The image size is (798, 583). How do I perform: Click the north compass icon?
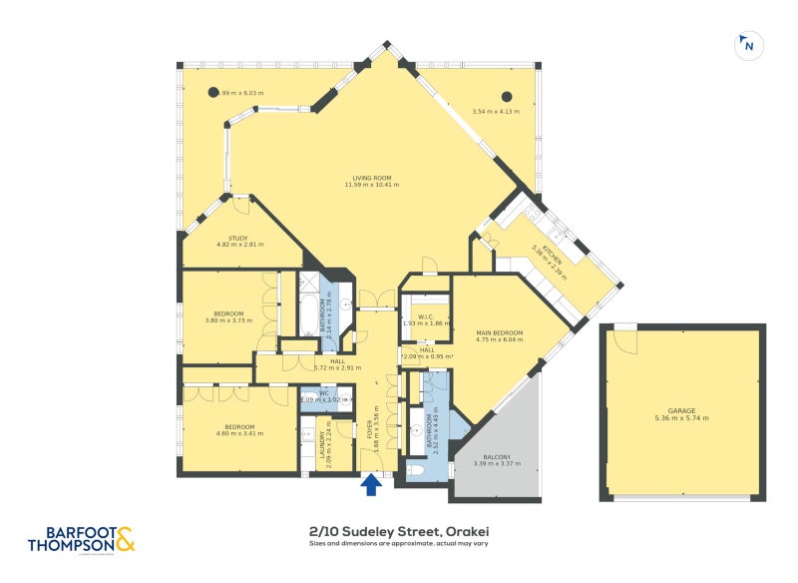pos(747,45)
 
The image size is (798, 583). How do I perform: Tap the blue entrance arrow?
pos(370,484)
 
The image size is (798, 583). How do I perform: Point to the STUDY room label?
pos(238,238)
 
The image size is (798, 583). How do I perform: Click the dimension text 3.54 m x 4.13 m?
pos(497,111)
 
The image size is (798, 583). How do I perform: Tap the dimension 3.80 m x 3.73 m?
pos(224,320)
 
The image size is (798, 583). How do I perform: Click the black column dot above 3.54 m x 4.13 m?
pos(506,97)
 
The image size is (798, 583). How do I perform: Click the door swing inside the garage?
pos(625,341)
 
